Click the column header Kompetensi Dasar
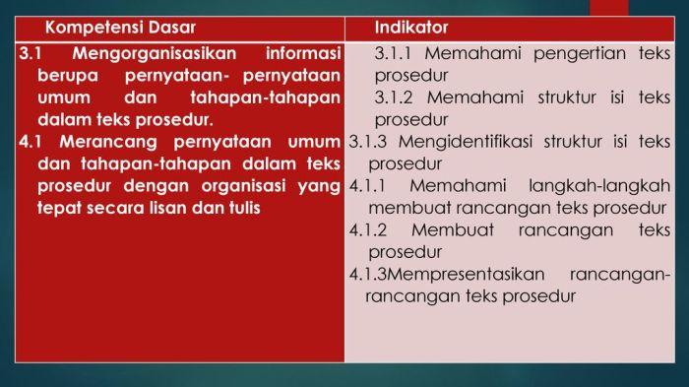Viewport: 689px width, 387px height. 120,28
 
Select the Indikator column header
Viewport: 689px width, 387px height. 411,28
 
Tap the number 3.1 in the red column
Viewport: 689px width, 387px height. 31,53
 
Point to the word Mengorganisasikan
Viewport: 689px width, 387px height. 155,54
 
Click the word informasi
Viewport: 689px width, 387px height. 303,53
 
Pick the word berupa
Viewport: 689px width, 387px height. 68,76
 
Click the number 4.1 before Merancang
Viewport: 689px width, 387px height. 31,142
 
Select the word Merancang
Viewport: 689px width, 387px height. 108,143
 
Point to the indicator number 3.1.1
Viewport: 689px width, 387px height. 393,53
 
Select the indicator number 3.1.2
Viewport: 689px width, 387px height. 394,98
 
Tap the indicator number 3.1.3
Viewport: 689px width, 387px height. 368,142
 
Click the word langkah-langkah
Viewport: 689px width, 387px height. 599,186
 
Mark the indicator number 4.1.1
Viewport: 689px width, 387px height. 367,186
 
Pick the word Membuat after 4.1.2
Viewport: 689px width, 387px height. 453,230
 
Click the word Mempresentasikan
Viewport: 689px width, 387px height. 466,275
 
